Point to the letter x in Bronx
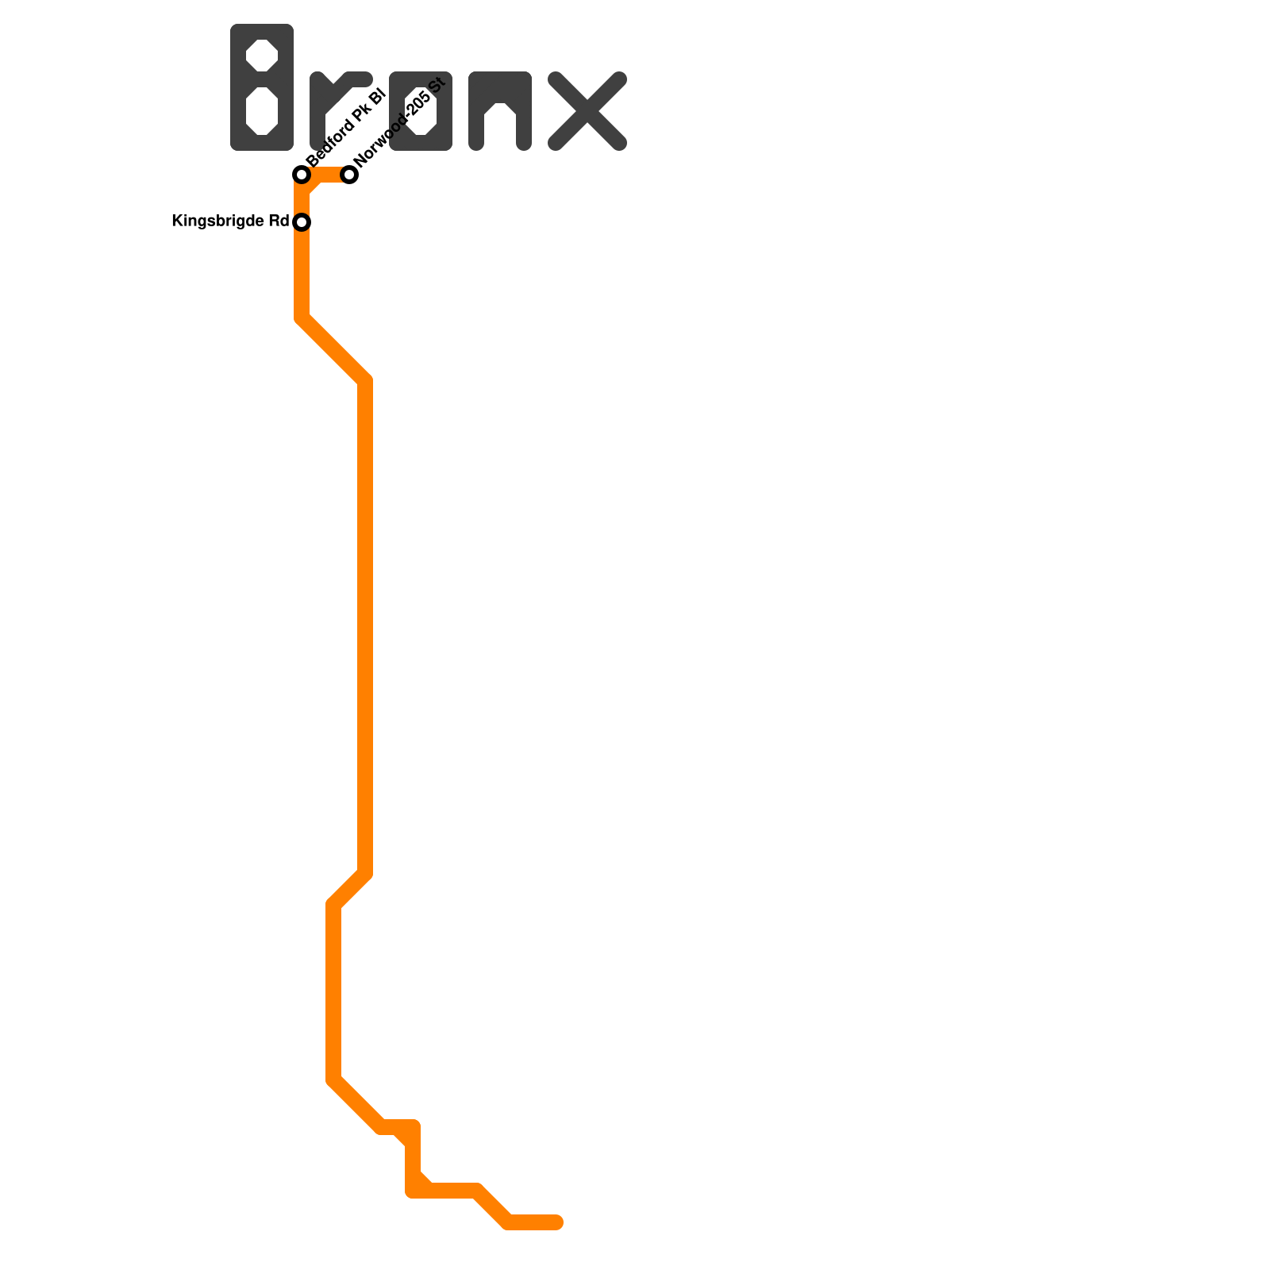[x=587, y=111]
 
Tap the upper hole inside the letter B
[x=262, y=56]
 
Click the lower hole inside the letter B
[x=262, y=111]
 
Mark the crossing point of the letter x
[x=587, y=111]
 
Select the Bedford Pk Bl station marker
[x=302, y=175]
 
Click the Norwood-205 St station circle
[x=349, y=175]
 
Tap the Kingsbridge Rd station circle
[x=302, y=222]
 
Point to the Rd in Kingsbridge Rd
[x=279, y=221]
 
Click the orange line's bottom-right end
[x=557, y=1222]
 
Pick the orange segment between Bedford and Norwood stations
[x=327, y=175]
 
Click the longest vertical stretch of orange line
[x=365, y=627]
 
